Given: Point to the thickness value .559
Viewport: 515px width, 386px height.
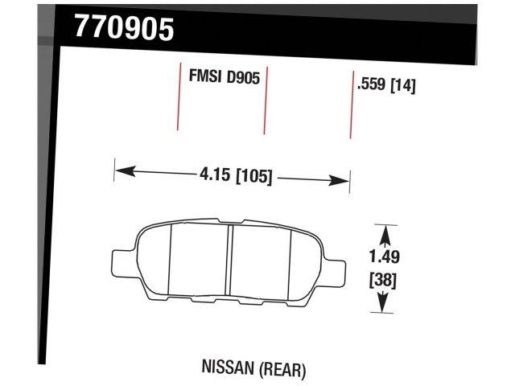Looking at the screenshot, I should click(371, 84).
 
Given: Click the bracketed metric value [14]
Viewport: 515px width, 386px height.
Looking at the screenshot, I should click(402, 84).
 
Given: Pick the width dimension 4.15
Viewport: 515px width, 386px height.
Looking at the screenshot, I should click(213, 175).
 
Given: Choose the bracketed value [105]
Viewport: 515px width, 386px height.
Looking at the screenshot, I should click(253, 175).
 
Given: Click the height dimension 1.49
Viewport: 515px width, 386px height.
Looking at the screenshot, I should click(385, 257).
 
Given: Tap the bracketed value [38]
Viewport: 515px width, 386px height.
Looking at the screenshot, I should click(384, 281).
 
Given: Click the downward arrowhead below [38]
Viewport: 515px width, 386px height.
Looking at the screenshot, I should click(384, 303).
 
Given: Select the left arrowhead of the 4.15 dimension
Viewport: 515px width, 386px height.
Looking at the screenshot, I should click(122, 170).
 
